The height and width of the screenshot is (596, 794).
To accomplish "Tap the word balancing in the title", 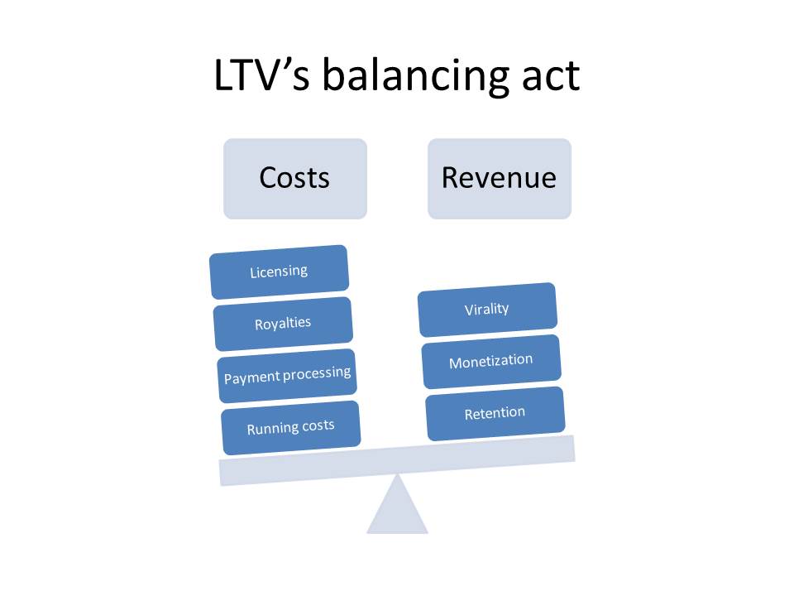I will coord(414,77).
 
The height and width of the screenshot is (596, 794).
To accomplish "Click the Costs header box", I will coord(294,178).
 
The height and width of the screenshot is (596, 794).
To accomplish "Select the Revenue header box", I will coord(499,178).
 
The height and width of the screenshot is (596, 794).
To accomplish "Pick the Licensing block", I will coord(279,272).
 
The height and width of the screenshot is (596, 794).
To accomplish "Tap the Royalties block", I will coord(283,323).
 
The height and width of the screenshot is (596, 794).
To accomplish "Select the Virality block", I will coord(486,310).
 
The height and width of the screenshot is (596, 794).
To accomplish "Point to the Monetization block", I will coord(490,361).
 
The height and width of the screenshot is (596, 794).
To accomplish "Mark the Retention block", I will coord(495,413).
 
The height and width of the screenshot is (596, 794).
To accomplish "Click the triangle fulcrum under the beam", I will coord(397,509).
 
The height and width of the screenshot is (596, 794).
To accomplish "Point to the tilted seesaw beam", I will coord(397,459).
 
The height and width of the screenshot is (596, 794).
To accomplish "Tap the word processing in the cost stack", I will coord(317,373).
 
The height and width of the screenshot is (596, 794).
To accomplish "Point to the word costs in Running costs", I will coord(318,425).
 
